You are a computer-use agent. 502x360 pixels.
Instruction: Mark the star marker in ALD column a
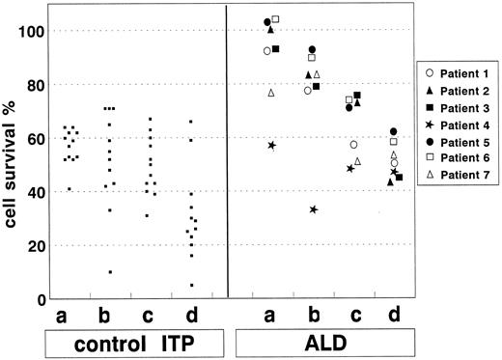click(x=272, y=145)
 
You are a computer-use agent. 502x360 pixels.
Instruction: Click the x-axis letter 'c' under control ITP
click(x=150, y=316)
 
